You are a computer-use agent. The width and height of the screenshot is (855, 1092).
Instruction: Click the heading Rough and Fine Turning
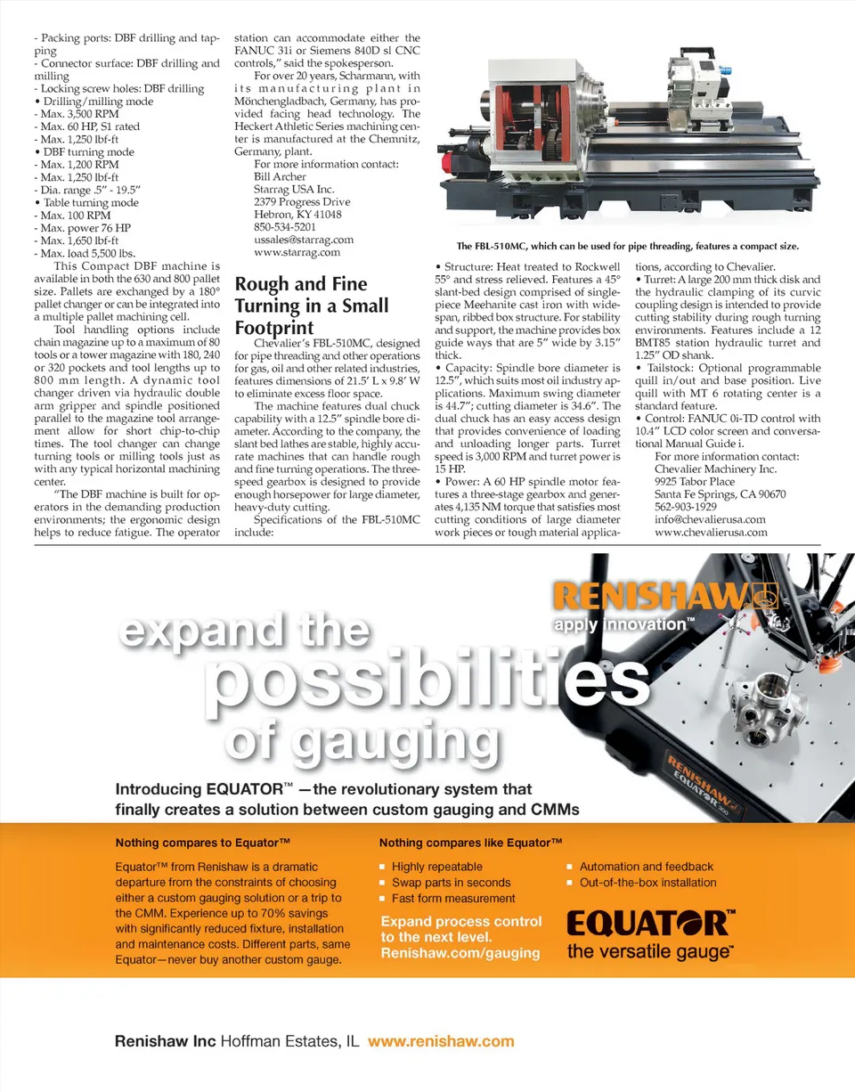click(x=311, y=306)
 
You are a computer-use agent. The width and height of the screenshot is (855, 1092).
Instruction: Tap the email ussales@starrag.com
click(x=291, y=240)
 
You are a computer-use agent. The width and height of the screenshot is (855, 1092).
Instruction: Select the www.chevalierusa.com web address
click(x=711, y=532)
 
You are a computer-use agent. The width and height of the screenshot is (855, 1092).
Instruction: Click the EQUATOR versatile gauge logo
click(x=651, y=932)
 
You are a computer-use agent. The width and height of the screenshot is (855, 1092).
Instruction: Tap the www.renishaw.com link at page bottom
click(x=441, y=1041)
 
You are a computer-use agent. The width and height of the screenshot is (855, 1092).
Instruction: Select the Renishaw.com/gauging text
click(x=460, y=953)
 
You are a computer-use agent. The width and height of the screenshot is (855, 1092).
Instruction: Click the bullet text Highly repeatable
click(x=436, y=867)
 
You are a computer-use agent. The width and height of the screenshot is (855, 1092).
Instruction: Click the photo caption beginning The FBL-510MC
click(x=627, y=246)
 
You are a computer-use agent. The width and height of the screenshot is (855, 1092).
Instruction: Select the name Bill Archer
click(x=280, y=177)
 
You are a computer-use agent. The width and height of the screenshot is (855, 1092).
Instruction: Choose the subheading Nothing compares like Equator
click(x=470, y=843)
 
